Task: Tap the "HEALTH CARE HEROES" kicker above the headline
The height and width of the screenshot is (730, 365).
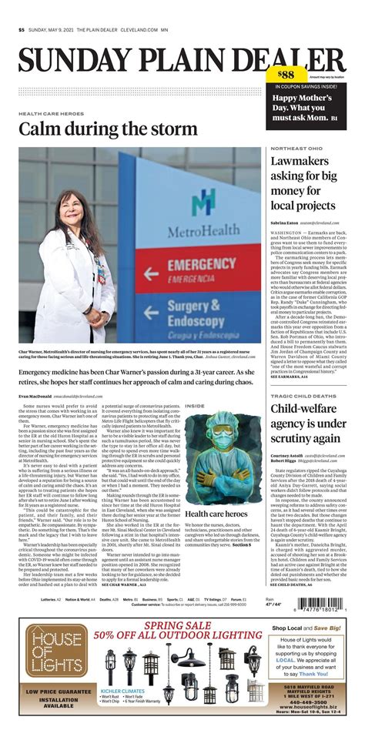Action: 52,112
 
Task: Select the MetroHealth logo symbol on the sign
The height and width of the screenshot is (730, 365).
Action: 203,202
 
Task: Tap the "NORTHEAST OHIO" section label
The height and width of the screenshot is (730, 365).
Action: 296,148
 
